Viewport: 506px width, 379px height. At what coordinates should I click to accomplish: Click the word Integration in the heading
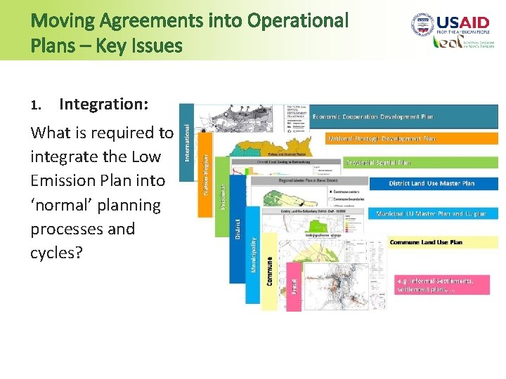click(103, 105)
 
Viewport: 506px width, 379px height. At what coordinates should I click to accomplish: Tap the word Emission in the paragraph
click(65, 180)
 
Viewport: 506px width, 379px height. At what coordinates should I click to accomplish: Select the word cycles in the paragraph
click(56, 253)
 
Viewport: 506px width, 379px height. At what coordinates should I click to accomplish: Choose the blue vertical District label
click(238, 229)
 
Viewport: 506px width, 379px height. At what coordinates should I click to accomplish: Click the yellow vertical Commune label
click(270, 270)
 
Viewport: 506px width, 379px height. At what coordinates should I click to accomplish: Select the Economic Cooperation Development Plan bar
click(403, 117)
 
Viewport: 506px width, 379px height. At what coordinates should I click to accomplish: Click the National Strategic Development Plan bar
click(410, 139)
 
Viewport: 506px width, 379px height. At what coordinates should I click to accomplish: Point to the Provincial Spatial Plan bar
click(419, 162)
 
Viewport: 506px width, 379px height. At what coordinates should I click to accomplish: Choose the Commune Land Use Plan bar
click(443, 242)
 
